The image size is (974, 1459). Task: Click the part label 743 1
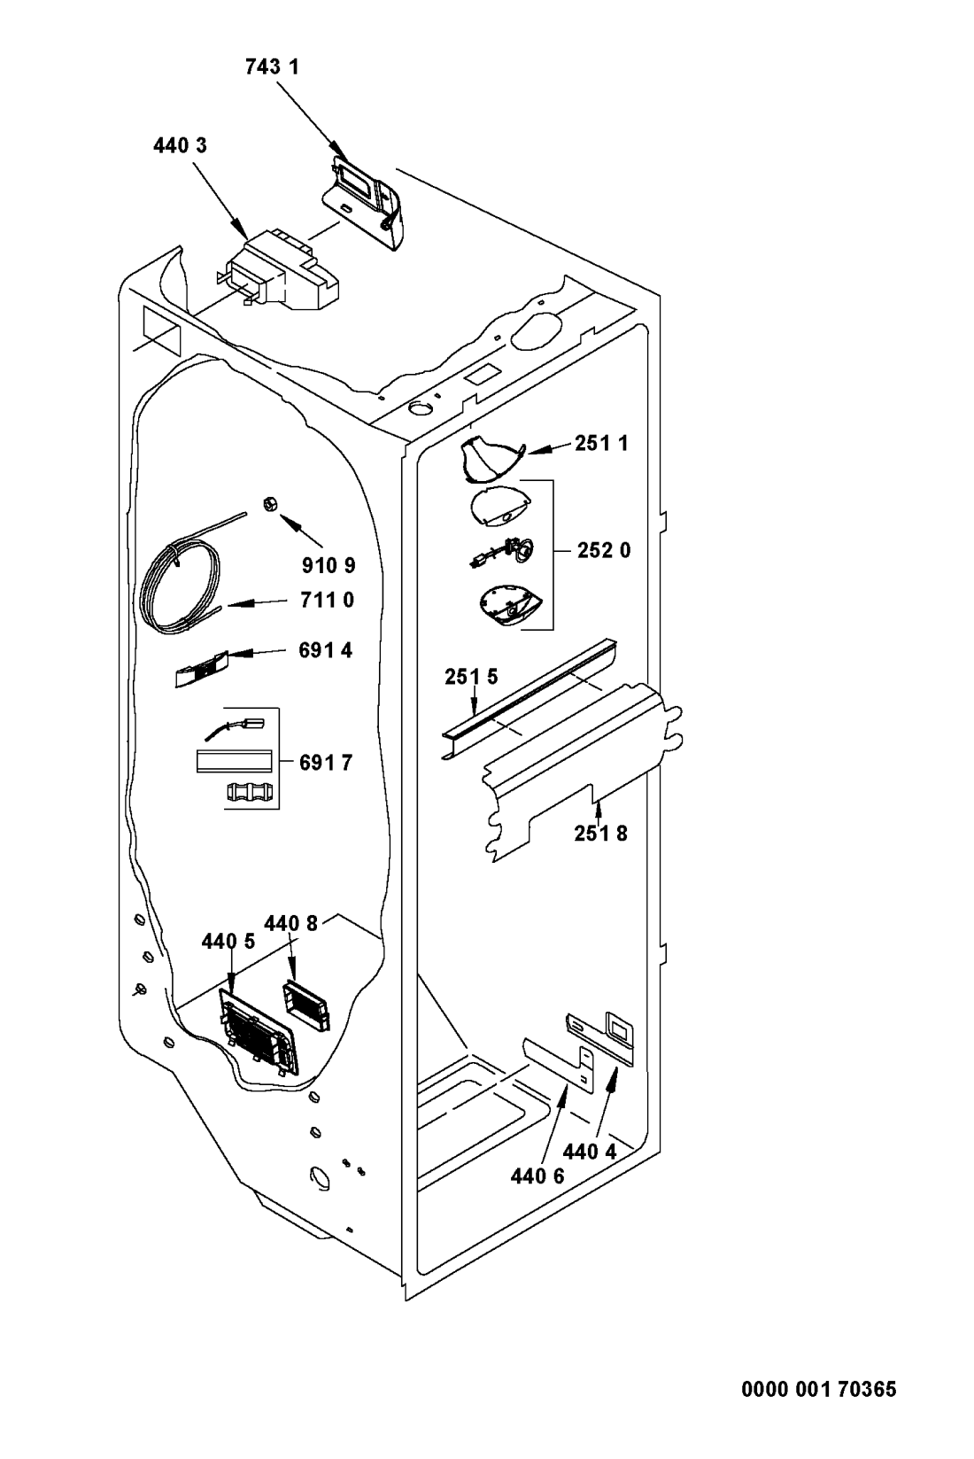pyautogui.click(x=272, y=67)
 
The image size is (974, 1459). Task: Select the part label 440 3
pyautogui.click(x=181, y=146)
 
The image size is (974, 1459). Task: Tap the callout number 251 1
pyautogui.click(x=601, y=444)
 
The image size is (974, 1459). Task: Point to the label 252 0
pyautogui.click(x=604, y=550)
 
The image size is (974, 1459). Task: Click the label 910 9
pyautogui.click(x=329, y=565)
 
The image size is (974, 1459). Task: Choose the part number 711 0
pyautogui.click(x=328, y=600)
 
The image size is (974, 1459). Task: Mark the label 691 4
pyautogui.click(x=326, y=650)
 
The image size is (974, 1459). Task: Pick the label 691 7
pyautogui.click(x=326, y=762)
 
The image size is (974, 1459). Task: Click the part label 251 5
pyautogui.click(x=471, y=677)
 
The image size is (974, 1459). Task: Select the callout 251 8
pyautogui.click(x=601, y=833)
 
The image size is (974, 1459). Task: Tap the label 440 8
pyautogui.click(x=291, y=923)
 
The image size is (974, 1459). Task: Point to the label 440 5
pyautogui.click(x=228, y=941)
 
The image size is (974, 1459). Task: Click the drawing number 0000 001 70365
pyautogui.click(x=819, y=1389)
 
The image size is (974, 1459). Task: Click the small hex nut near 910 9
pyautogui.click(x=269, y=503)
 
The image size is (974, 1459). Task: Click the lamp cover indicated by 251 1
pyautogui.click(x=490, y=460)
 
